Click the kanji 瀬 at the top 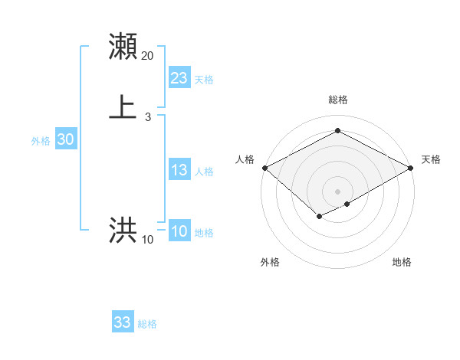point(123,47)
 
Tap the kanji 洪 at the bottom point(123,231)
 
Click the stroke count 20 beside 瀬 point(148,55)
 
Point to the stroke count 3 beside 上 point(148,116)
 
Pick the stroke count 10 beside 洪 point(148,240)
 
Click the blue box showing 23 point(179,77)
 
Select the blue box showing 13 point(179,170)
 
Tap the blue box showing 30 point(66,139)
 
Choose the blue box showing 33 point(123,322)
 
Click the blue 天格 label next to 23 point(204,79)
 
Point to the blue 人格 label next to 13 point(204,172)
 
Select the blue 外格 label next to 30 point(41,141)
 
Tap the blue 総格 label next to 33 point(147,324)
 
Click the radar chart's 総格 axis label point(337,100)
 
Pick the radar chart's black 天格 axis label point(431,159)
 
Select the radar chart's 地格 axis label point(402,262)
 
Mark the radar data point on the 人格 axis point(264,168)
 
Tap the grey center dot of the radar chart point(337,191)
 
